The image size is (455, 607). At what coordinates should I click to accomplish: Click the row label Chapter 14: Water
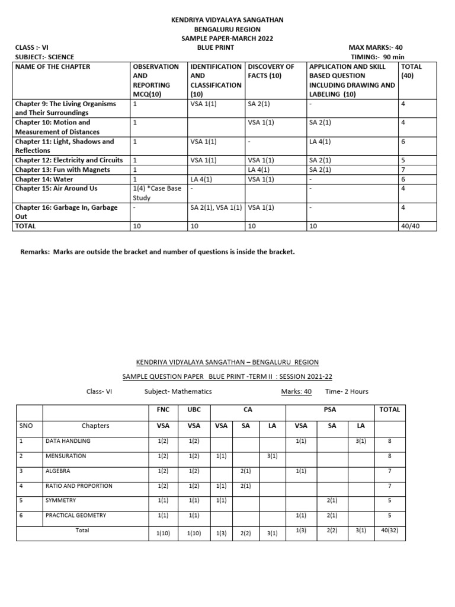[45, 179]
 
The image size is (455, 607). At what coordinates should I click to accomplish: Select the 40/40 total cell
[410, 226]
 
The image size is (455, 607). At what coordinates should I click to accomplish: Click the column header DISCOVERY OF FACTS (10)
[271, 71]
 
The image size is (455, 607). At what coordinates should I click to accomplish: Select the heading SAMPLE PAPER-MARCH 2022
[227, 38]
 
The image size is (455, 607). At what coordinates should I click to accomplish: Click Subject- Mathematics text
[178, 391]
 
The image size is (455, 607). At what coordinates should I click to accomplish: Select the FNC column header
[163, 409]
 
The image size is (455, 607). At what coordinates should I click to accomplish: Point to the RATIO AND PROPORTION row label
[78, 485]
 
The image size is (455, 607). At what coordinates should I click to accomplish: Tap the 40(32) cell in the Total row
[390, 530]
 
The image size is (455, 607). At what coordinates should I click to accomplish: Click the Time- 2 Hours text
[347, 391]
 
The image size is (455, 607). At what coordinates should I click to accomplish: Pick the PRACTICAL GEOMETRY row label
[76, 515]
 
